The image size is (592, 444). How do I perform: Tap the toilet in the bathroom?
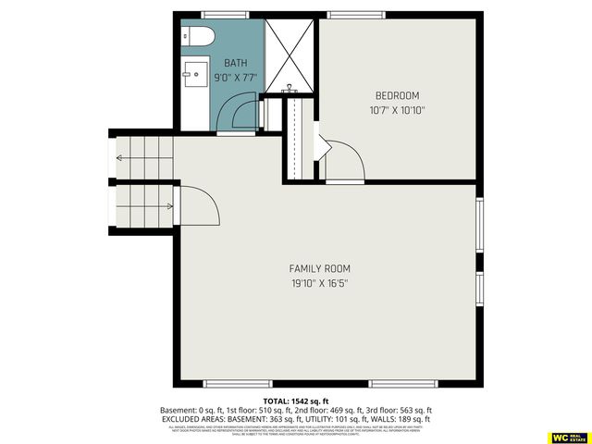197,37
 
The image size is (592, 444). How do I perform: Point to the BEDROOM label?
397,95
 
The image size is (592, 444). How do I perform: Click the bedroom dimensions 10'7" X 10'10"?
397,110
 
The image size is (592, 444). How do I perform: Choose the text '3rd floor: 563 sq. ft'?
397,410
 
